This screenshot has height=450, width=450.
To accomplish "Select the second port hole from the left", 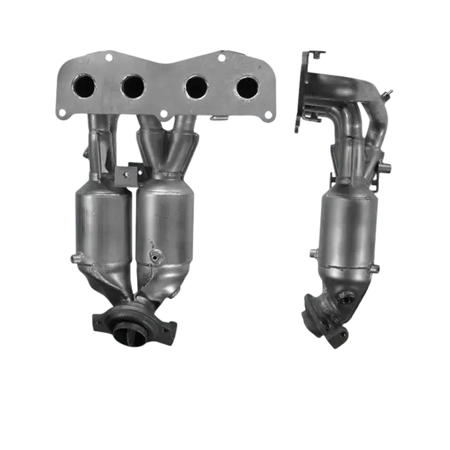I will tap(132, 86).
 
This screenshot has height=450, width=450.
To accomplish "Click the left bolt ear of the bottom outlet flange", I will tap(98, 319).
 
